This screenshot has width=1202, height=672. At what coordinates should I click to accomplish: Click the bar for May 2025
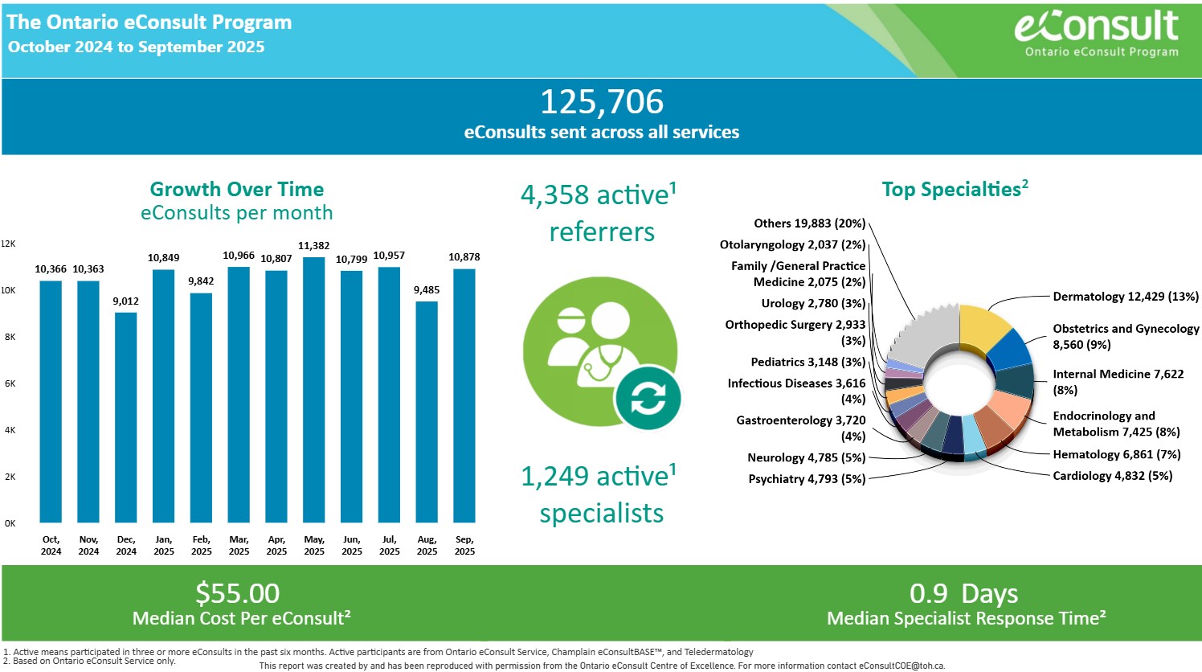pos(314,390)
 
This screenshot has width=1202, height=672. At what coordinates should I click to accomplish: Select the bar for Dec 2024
pos(126,417)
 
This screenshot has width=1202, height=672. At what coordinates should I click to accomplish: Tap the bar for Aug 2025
pos(427,412)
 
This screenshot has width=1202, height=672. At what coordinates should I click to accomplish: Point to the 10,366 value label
pos(51,269)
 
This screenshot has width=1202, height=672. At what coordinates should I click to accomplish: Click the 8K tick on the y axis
pos(10,337)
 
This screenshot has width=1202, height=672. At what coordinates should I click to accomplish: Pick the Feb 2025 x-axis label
pos(201,545)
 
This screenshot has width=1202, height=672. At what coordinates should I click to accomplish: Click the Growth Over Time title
pos(237,190)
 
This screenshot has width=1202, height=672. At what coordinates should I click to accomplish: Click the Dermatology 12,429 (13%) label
pos(1125,297)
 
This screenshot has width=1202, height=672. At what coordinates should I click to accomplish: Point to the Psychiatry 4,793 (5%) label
pos(807,479)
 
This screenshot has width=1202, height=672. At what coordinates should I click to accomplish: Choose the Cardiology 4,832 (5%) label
pos(1112,476)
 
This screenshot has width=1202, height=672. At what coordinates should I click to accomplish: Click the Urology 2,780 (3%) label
pos(813,304)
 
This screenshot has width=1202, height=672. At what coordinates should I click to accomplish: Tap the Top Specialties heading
pos(955,190)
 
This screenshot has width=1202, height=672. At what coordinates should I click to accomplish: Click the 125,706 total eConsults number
pos(602,102)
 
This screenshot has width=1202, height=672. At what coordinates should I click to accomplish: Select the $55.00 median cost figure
pos(238,593)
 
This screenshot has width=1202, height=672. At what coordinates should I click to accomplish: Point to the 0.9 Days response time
pos(963,593)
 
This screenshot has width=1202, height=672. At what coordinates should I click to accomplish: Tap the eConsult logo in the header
pos(1097,32)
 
